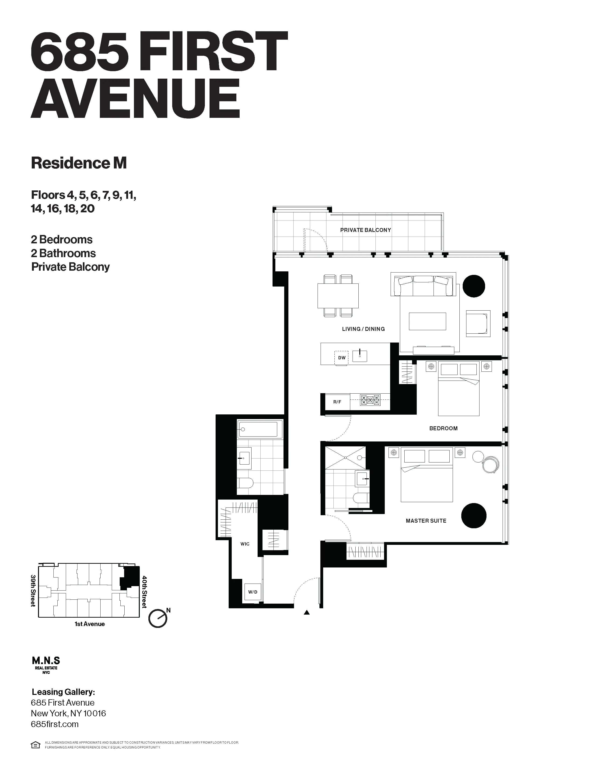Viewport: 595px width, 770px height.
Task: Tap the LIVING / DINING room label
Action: click(363, 329)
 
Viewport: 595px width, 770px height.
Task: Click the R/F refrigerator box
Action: click(337, 402)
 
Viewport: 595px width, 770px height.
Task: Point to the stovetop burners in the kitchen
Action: click(370, 400)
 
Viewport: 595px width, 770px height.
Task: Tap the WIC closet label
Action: click(245, 544)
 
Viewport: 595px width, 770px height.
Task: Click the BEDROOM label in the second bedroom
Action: click(443, 428)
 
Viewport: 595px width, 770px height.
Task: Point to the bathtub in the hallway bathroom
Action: click(259, 429)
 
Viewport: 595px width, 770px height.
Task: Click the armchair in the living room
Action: click(478, 323)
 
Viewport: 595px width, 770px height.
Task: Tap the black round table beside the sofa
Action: click(473, 286)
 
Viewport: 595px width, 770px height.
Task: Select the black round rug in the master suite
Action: click(473, 516)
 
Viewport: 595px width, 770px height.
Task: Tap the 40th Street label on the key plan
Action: click(144, 592)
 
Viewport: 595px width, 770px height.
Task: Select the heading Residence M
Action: click(79, 163)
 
